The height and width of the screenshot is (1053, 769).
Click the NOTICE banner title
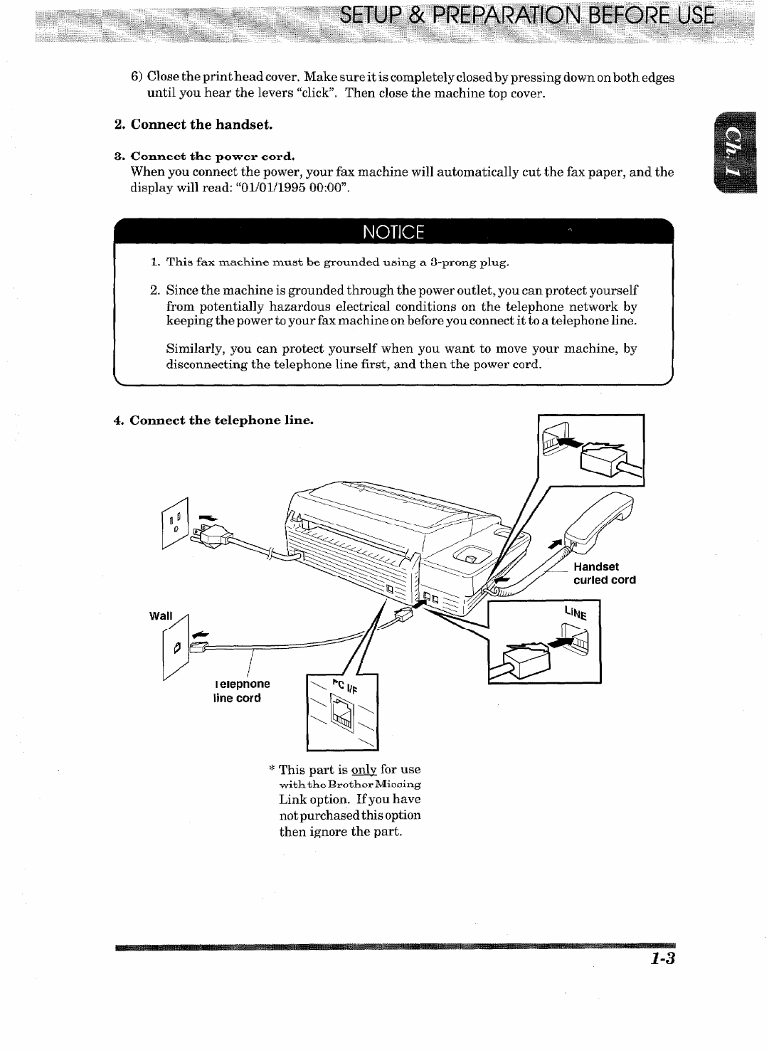coord(393,233)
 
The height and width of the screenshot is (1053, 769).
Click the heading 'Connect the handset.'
coord(193,125)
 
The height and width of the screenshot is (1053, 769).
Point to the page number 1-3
coord(662,959)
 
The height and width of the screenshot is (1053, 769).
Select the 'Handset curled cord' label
coord(604,573)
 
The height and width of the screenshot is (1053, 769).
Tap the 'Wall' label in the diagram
coord(161,615)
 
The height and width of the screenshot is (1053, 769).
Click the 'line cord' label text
coord(238,698)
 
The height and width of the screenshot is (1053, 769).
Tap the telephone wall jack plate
coord(174,648)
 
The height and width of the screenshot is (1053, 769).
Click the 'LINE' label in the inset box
coord(576,613)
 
